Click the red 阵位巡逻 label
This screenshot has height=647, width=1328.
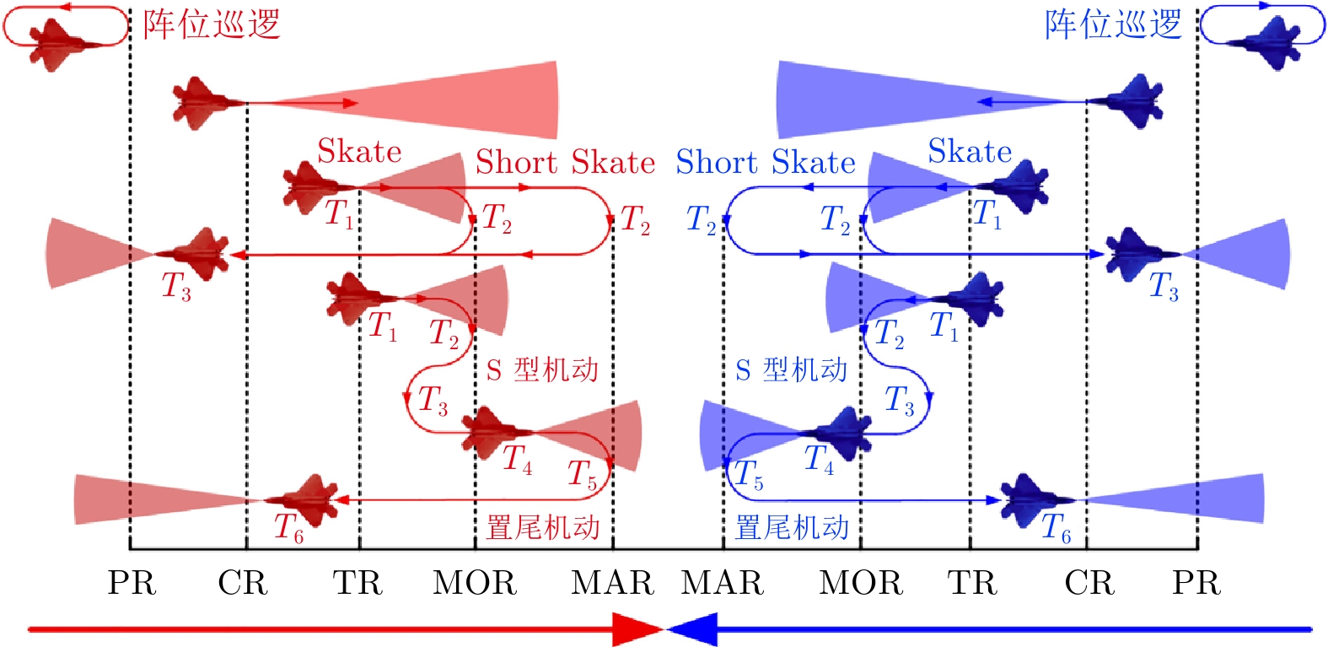click(x=211, y=24)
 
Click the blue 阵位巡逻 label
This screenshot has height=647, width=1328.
click(x=1113, y=24)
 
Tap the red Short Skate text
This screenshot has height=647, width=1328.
click(x=565, y=162)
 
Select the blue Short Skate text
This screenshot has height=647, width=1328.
click(x=766, y=162)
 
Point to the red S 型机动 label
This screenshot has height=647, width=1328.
click(x=542, y=369)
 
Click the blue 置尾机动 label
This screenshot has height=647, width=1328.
click(x=792, y=528)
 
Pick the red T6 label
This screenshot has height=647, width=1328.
click(x=288, y=528)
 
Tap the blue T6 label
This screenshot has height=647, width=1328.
click(x=1056, y=528)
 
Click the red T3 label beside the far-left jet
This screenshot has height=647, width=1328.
click(x=176, y=287)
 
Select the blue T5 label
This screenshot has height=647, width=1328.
click(x=748, y=475)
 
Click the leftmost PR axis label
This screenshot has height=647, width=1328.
click(x=132, y=583)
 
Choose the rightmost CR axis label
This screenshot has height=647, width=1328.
click(x=1089, y=583)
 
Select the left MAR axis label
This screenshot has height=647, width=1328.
click(x=612, y=583)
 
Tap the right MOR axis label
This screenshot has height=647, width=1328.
click(x=861, y=583)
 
